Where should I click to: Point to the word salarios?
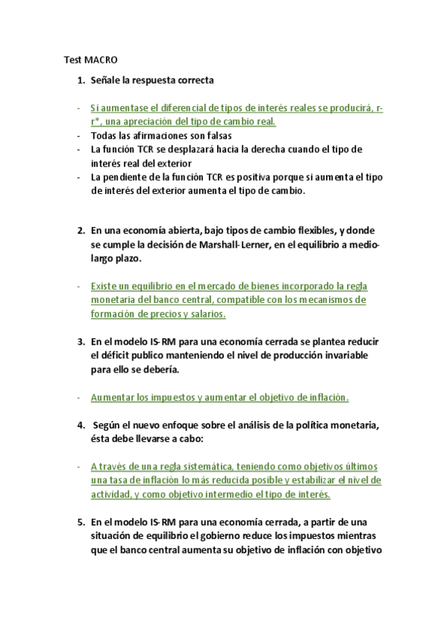pyautogui.click(x=204, y=314)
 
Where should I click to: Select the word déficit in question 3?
pyautogui.click(x=112, y=355)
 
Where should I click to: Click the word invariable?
pyautogui.click(x=342, y=355)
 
